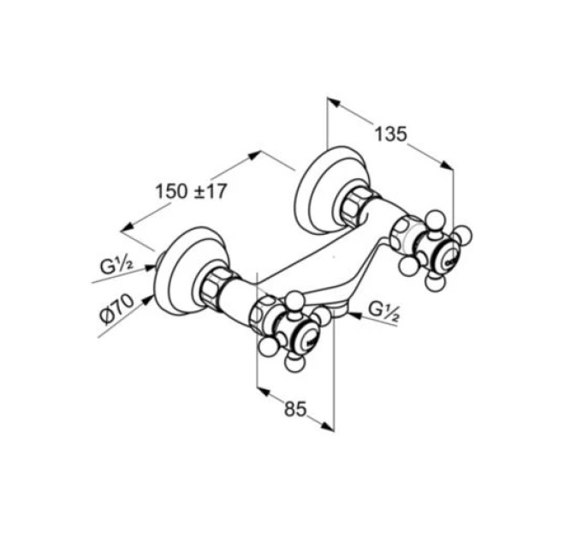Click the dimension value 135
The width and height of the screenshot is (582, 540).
(390, 134)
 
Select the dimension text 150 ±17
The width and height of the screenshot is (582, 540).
(190, 192)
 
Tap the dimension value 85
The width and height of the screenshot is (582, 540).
(296, 409)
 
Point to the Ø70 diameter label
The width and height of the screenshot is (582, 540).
(117, 309)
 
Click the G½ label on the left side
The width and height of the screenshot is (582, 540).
(116, 266)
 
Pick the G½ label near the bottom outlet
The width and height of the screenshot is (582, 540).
(384, 312)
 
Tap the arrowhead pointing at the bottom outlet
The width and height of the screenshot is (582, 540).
(355, 315)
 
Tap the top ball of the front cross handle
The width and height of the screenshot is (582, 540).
(294, 299)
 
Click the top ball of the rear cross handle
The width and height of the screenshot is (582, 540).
(435, 219)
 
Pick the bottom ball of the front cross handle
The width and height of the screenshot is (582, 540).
(294, 363)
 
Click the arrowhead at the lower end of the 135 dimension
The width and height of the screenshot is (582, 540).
(447, 165)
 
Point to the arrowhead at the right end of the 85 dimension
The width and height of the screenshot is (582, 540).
(328, 427)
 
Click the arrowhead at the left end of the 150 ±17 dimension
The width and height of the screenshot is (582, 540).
(128, 226)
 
